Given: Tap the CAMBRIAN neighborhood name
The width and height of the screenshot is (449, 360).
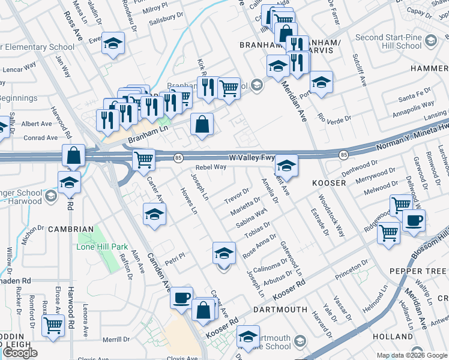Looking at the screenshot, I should (x=71, y=229).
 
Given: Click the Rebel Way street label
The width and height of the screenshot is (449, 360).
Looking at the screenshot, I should (x=211, y=167).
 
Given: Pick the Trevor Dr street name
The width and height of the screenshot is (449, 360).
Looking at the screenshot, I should (x=237, y=195).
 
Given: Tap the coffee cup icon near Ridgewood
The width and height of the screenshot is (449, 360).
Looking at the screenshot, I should (x=414, y=221).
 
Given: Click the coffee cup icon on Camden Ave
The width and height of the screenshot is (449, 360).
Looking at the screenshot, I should (x=182, y=298).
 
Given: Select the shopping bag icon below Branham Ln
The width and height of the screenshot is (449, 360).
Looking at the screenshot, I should (x=202, y=124).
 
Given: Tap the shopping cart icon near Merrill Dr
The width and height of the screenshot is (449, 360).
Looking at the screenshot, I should (x=53, y=326).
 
